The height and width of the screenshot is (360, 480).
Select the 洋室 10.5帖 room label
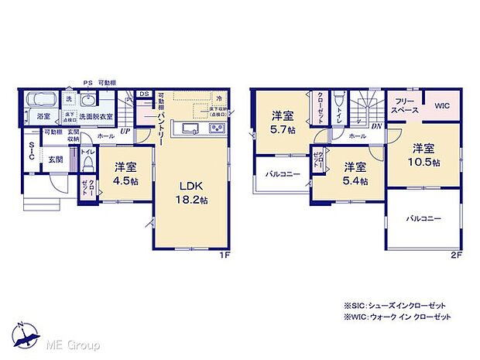coord(426,155)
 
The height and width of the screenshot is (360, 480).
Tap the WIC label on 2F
coord(441,106)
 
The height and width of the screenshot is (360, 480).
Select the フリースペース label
coord(406,106)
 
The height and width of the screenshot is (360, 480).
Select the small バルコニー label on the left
coord(272,174)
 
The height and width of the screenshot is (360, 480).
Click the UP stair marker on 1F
coord(124,132)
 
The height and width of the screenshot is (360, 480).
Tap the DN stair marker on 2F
coord(375,125)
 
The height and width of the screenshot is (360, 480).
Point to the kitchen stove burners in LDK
coord(213,128)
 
